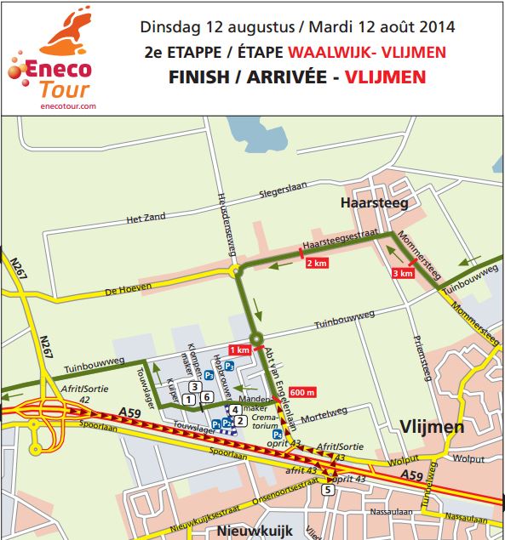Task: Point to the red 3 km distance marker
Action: coord(403,273)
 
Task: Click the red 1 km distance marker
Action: coord(240,350)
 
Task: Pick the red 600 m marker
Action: coord(302,391)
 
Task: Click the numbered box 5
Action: coord(327,490)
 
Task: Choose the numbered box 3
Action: coord(195,387)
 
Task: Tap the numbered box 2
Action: coord(241,420)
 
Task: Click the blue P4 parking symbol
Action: coord(277,435)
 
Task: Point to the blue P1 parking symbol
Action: coord(215,423)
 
